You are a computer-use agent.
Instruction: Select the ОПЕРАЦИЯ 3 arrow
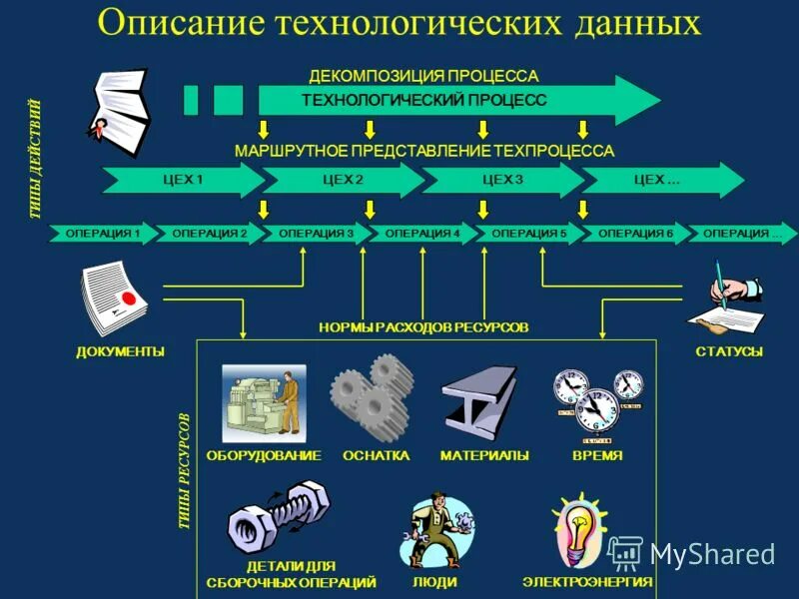pyautogui.click(x=316, y=234)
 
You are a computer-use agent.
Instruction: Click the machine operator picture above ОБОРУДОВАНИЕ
pyautogui.click(x=264, y=402)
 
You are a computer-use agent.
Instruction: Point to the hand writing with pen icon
pyautogui.click(x=728, y=299)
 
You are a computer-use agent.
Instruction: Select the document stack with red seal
pyautogui.click(x=113, y=298)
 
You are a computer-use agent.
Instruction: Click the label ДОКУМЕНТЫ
pyautogui.click(x=120, y=351)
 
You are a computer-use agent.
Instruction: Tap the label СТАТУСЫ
pyautogui.click(x=729, y=351)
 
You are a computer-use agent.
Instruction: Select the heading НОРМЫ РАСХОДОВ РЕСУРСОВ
pyautogui.click(x=423, y=327)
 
